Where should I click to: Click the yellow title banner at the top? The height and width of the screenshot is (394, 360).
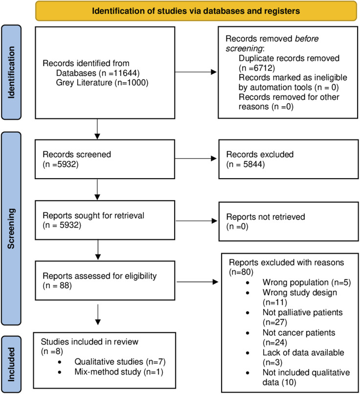click(x=196, y=11)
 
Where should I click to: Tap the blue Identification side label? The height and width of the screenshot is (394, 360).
click(x=11, y=72)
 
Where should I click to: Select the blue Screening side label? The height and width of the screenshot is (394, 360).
click(x=11, y=229)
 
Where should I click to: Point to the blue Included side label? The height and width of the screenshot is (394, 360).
click(x=11, y=364)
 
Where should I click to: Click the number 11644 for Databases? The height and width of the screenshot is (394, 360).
click(x=125, y=73)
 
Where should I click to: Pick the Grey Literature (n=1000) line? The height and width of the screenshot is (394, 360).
click(x=102, y=83)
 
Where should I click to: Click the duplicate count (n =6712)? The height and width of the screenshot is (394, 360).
click(x=257, y=68)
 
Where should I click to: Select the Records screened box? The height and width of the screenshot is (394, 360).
click(x=105, y=159)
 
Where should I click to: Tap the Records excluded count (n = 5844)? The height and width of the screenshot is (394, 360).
click(x=245, y=164)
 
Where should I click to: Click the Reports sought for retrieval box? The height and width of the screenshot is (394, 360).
click(x=105, y=220)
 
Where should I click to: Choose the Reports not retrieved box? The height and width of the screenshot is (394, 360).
click(x=289, y=222)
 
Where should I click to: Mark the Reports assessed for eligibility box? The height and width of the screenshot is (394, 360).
click(x=105, y=280)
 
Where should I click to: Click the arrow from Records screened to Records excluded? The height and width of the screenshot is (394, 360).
click(x=196, y=158)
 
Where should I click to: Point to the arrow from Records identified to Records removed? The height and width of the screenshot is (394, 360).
click(x=196, y=72)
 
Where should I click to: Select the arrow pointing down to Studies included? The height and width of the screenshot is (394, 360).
click(x=98, y=315)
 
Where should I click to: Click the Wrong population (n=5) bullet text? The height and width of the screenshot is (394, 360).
click(x=307, y=282)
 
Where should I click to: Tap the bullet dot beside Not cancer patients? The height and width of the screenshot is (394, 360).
click(x=248, y=333)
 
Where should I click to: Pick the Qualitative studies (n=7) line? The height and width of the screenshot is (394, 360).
click(x=120, y=362)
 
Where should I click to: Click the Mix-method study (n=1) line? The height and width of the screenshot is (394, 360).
click(x=119, y=372)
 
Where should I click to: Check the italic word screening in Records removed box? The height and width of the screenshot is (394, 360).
click(x=244, y=48)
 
